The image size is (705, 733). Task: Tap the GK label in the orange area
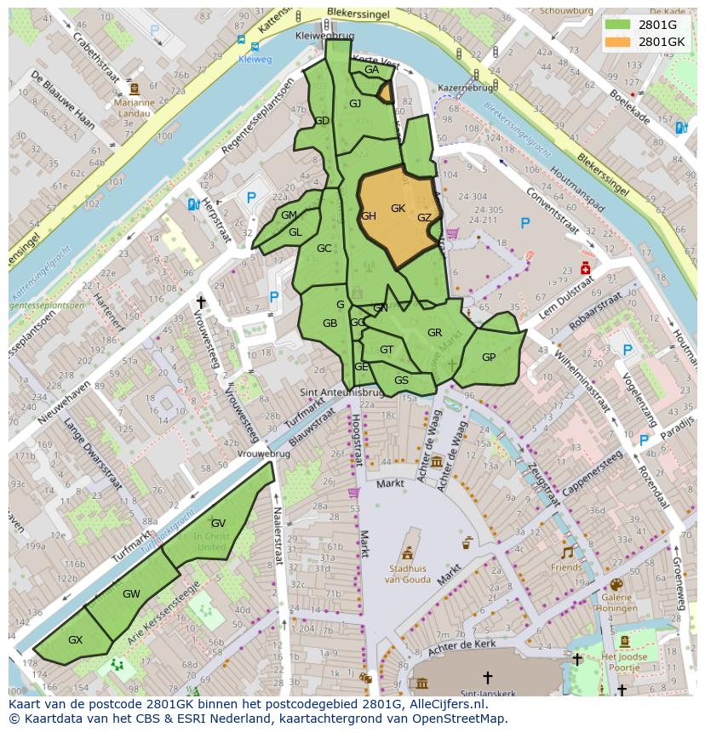pos(398,209)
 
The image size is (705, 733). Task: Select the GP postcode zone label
pos(489,358)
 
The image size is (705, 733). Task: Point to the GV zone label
pos(218,523)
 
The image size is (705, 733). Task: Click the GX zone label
pos(75,639)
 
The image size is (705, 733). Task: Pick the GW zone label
pos(131,593)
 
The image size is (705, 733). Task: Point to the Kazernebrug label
pos(465,88)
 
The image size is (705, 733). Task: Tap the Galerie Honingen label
pos(616,603)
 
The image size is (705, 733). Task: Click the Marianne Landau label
pos(134,108)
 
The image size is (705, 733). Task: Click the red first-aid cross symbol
pos(585,269)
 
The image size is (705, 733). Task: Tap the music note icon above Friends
pos(566,552)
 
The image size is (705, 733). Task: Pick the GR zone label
pos(434,333)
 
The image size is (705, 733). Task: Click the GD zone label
pos(321,121)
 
